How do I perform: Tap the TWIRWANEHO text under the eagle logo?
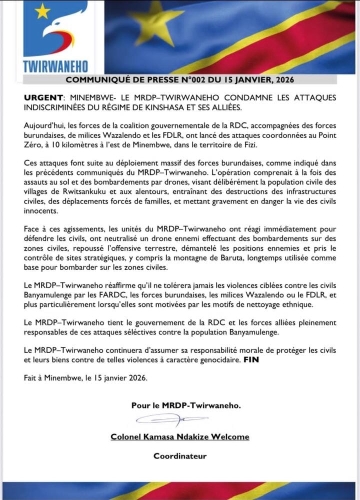55,66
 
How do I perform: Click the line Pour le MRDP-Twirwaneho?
186,405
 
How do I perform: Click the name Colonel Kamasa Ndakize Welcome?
180,436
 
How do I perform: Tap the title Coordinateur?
180,455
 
